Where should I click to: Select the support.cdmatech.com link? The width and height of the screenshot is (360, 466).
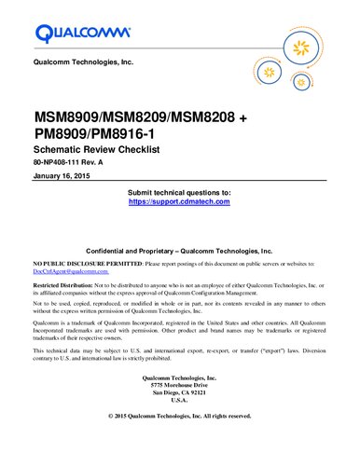[x=179, y=201]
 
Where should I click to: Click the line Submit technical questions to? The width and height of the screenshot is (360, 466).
[x=179, y=192]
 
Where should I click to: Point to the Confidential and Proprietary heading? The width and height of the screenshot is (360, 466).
[x=179, y=252]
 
